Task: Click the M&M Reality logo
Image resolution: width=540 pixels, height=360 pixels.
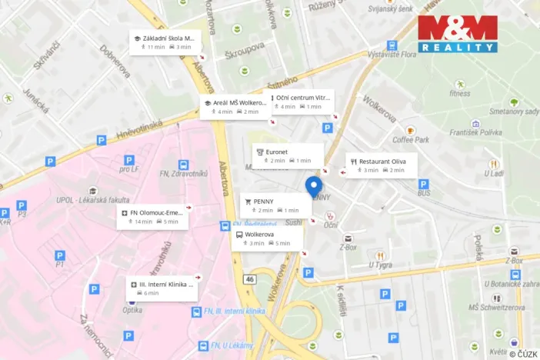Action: tap(458, 34)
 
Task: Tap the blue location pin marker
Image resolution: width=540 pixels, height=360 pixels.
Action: tap(314, 186)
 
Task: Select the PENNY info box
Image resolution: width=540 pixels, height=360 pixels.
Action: tap(276, 205)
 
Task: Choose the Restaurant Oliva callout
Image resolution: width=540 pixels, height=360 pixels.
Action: tap(382, 165)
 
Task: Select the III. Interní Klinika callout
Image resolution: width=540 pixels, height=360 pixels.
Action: tap(161, 288)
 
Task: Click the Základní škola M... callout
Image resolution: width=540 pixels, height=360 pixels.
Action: tap(165, 42)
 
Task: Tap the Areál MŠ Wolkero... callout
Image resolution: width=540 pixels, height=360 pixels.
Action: tap(235, 106)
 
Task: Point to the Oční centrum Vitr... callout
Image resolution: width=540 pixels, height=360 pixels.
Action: tap(302, 102)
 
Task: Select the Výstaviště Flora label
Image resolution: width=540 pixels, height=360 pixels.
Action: tap(392, 55)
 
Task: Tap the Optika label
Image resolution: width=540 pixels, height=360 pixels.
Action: tap(132, 310)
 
